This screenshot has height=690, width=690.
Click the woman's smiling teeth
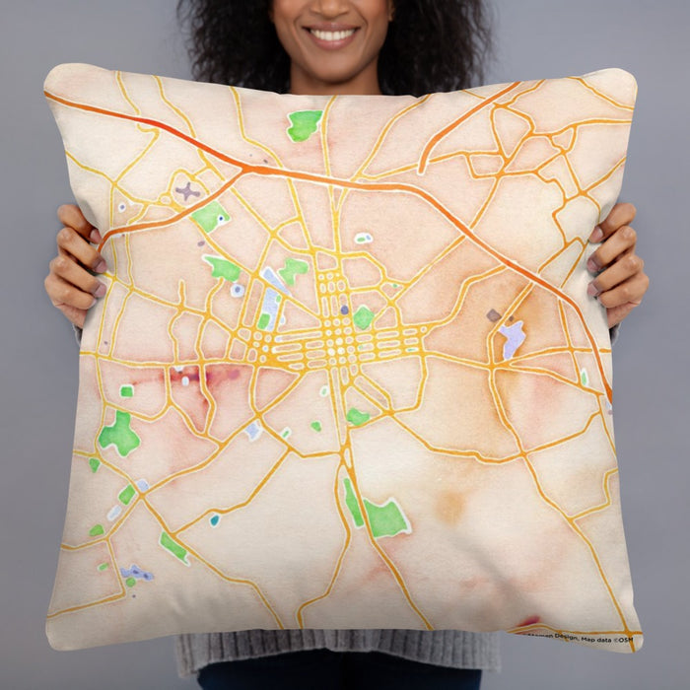click(x=332, y=34)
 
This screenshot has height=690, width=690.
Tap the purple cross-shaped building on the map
click(x=186, y=191)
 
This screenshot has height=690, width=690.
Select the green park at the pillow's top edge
click(x=304, y=124)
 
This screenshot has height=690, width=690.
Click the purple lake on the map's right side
click(x=512, y=337)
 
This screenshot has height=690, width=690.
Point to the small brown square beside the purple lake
click(x=493, y=315)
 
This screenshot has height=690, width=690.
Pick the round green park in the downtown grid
click(x=364, y=316)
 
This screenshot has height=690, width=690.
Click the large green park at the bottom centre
click(x=384, y=517)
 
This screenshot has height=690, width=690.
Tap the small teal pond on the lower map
click(x=214, y=519)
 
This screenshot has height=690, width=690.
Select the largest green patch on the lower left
click(x=119, y=434)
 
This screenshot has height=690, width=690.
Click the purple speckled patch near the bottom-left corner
click(x=137, y=573)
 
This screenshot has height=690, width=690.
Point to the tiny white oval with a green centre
click(x=364, y=238)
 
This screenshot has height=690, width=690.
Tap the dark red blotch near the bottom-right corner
click(x=529, y=622)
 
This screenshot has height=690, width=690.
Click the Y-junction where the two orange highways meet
click(x=246, y=171)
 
